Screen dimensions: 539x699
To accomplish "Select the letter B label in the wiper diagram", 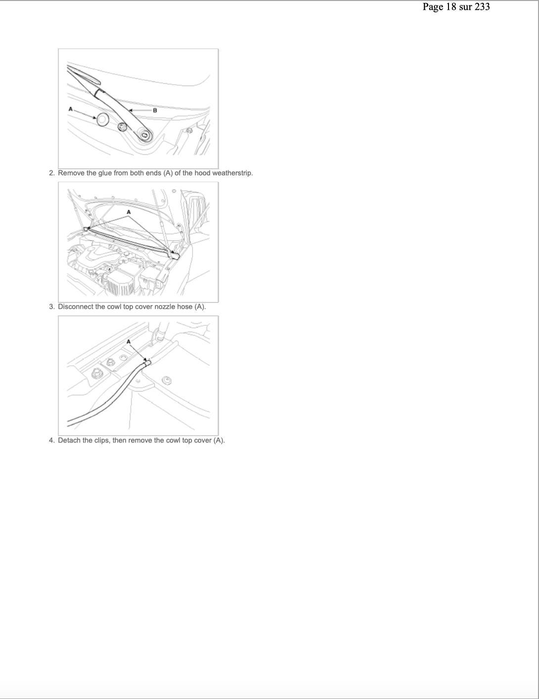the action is [155, 110].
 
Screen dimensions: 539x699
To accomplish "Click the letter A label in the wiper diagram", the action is [71, 109].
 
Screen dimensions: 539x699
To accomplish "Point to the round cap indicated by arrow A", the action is [102, 119].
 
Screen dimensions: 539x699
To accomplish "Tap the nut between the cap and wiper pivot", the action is [122, 127].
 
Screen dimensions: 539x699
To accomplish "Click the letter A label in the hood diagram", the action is [129, 212].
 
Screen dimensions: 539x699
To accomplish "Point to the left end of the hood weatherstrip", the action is [86, 229].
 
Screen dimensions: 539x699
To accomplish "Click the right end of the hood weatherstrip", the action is [175, 256].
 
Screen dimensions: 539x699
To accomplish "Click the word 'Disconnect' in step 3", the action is [76, 306].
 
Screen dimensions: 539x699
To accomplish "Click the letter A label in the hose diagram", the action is [129, 341].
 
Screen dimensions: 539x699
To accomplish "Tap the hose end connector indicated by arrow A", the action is [147, 363].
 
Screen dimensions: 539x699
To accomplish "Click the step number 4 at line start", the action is [52, 440].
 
